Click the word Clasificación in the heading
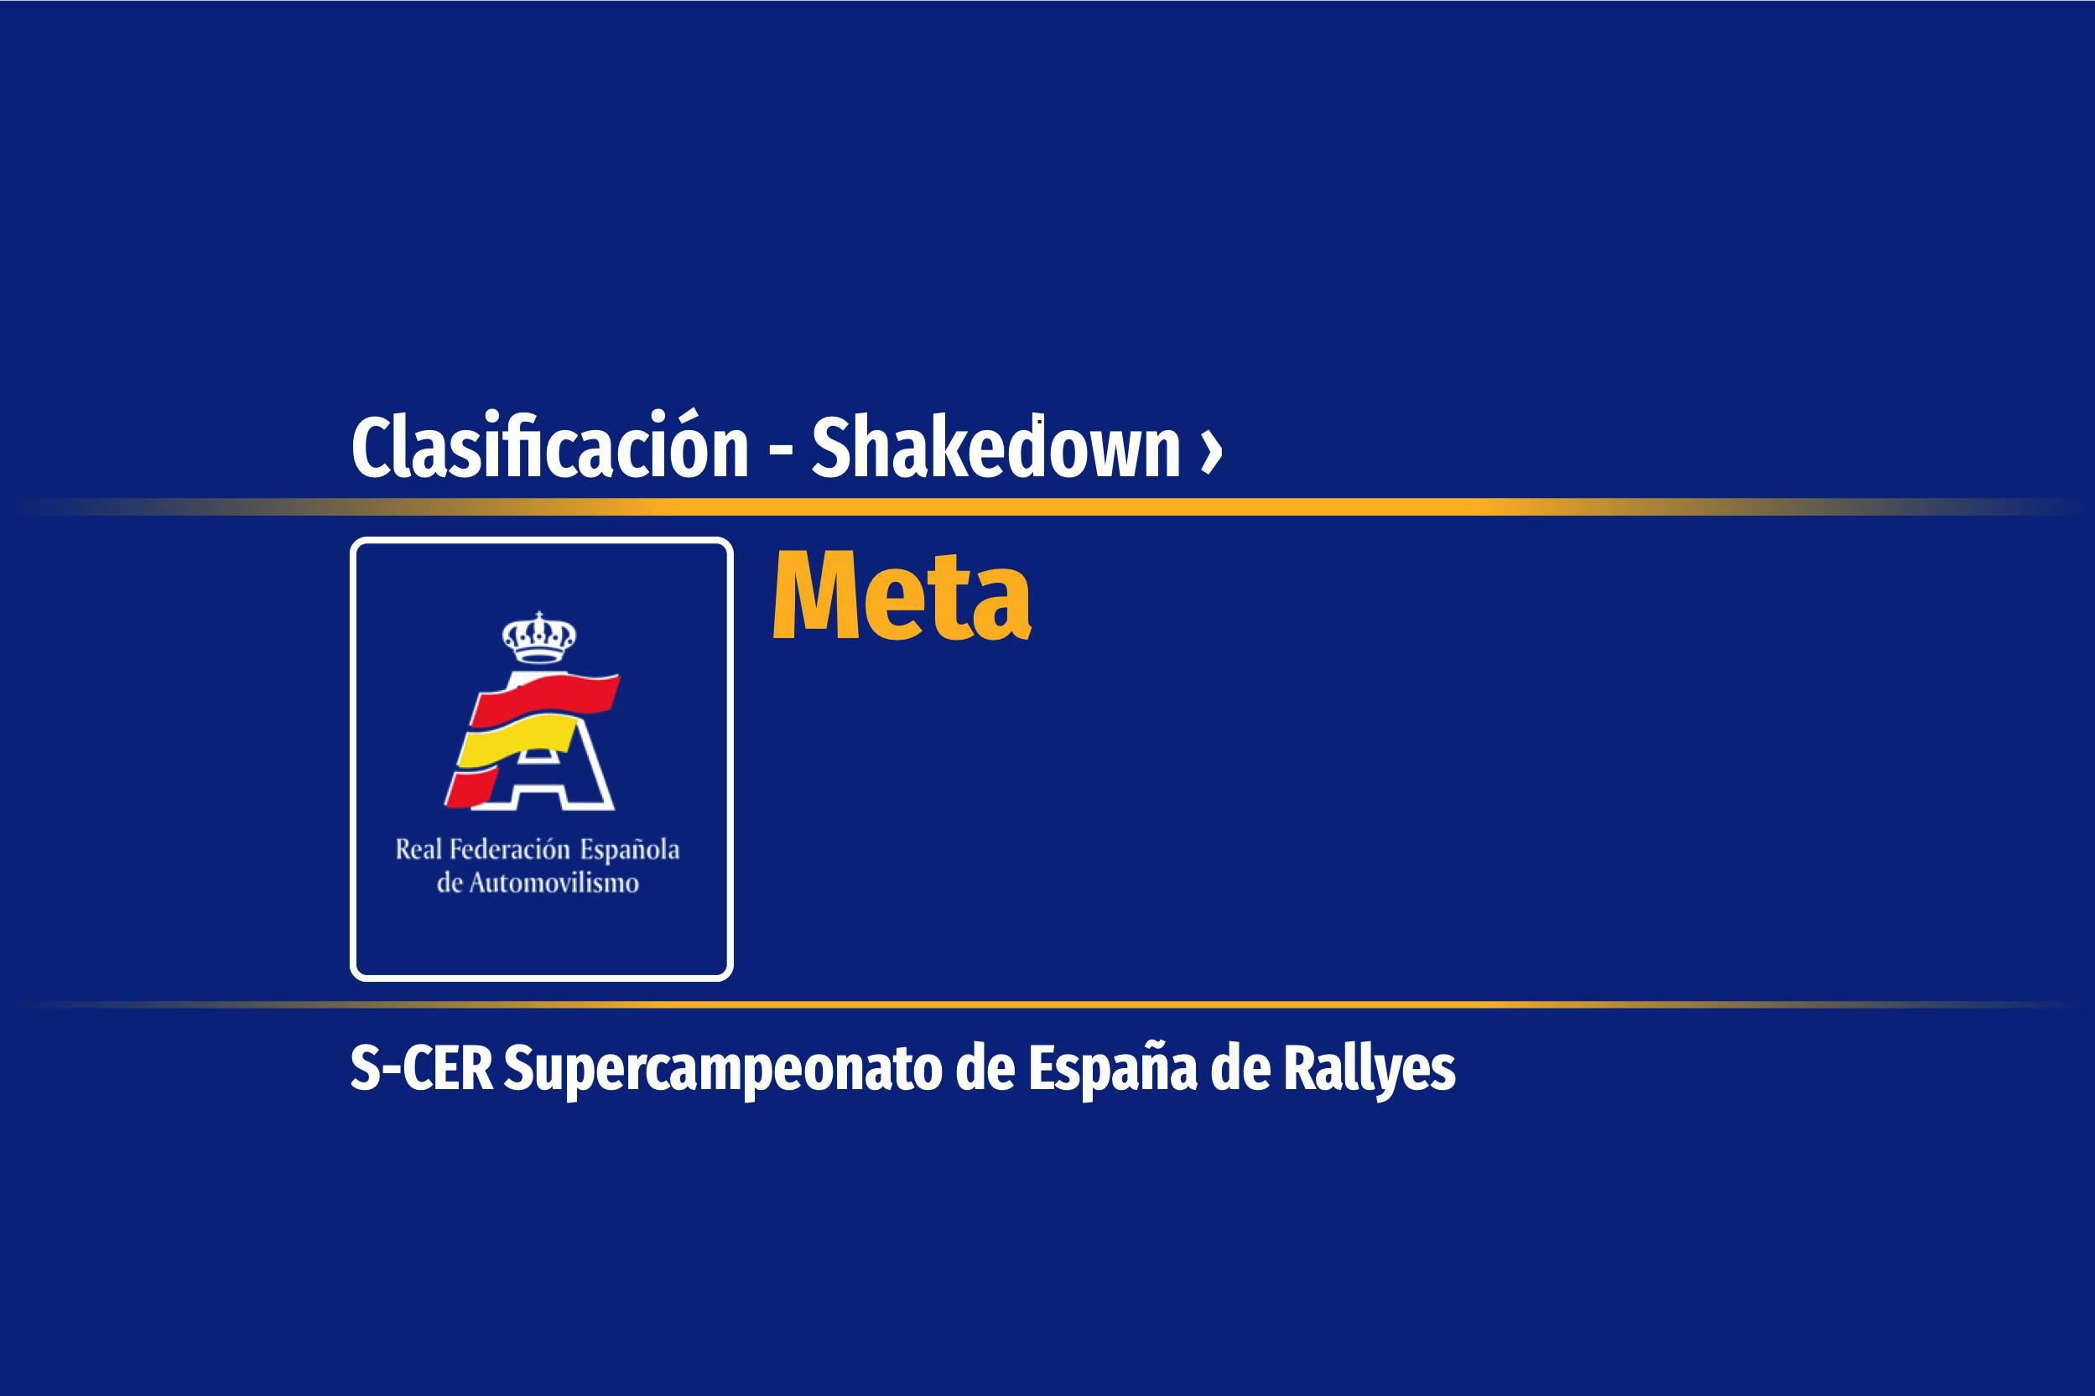tap(549, 446)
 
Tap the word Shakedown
tap(996, 446)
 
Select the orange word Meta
tap(902, 594)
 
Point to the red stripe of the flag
tap(545, 696)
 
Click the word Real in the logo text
tap(418, 849)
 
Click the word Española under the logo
tap(631, 851)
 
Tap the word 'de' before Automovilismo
tap(449, 883)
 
